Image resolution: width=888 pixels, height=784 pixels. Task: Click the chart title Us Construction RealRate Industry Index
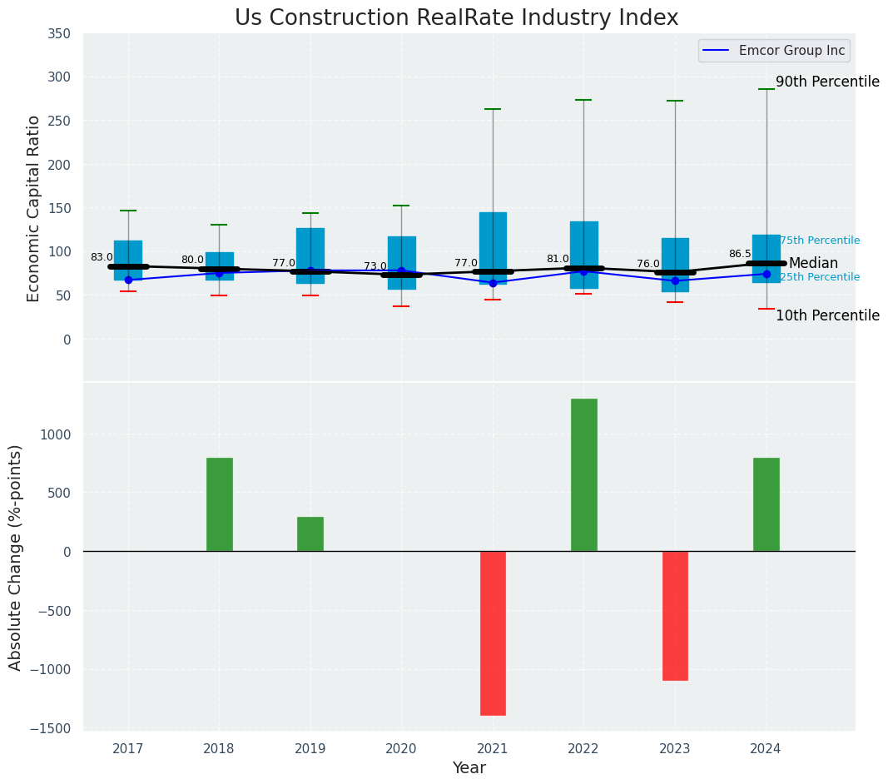456,18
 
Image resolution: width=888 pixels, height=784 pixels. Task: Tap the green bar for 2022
583,474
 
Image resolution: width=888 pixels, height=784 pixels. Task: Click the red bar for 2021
493,633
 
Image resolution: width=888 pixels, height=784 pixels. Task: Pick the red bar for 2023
675,615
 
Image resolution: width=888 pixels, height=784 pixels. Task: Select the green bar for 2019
310,533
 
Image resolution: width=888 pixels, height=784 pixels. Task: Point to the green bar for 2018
219,504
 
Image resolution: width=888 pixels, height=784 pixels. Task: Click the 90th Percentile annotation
827,82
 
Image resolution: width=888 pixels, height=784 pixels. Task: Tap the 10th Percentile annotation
827,315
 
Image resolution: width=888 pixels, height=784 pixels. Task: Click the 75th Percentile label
819,241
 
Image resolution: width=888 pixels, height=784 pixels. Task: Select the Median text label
813,263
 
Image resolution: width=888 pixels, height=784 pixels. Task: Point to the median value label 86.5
740,254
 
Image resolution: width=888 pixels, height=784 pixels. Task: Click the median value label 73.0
375,266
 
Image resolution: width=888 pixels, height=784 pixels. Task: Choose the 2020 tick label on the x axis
401,748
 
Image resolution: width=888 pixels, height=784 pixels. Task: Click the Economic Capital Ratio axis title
33,208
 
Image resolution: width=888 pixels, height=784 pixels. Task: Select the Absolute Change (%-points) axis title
16,557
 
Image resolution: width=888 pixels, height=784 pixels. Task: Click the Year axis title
469,767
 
